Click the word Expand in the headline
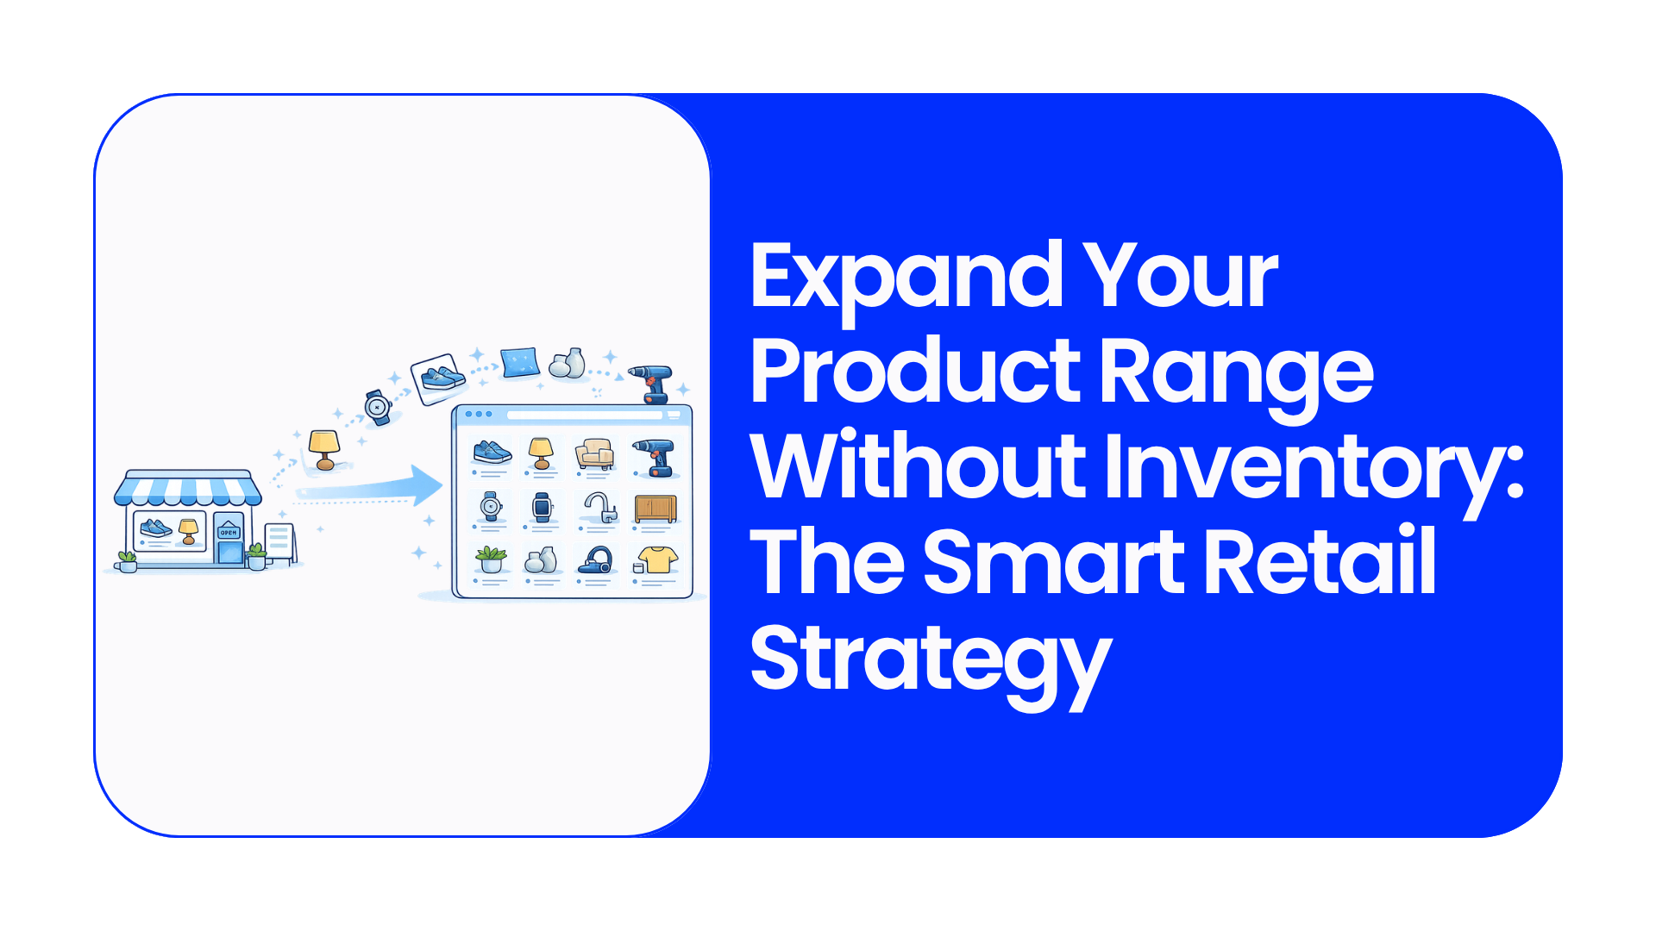pos(906,278)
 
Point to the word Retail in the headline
pos(1320,562)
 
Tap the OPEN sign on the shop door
pos(229,532)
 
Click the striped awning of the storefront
pos(188,489)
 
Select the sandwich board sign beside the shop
pos(280,543)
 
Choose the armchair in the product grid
pos(594,453)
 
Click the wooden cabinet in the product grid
pos(655,509)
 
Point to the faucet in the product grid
pos(600,507)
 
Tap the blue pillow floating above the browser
pos(520,362)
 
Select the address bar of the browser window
pos(585,415)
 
